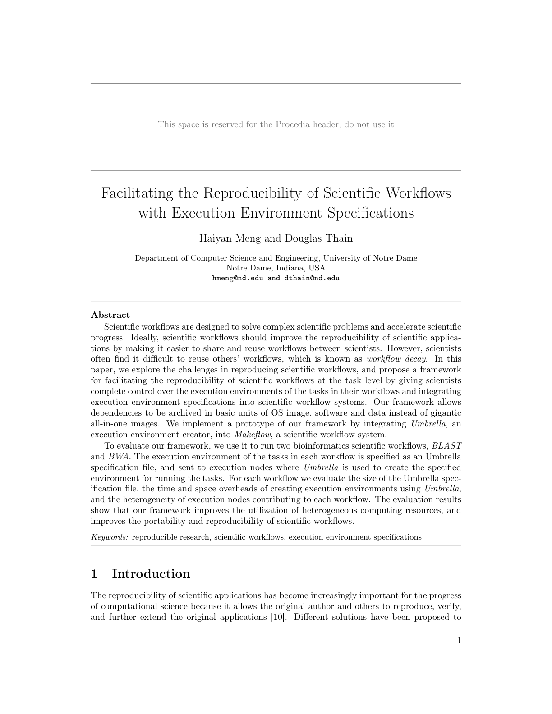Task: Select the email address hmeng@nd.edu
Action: pos(238,278)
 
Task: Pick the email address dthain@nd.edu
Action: pos(312,278)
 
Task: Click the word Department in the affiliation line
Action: pos(156,258)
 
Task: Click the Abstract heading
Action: pos(110,315)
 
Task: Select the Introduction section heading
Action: pos(151,574)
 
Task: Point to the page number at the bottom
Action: pos(459,641)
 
